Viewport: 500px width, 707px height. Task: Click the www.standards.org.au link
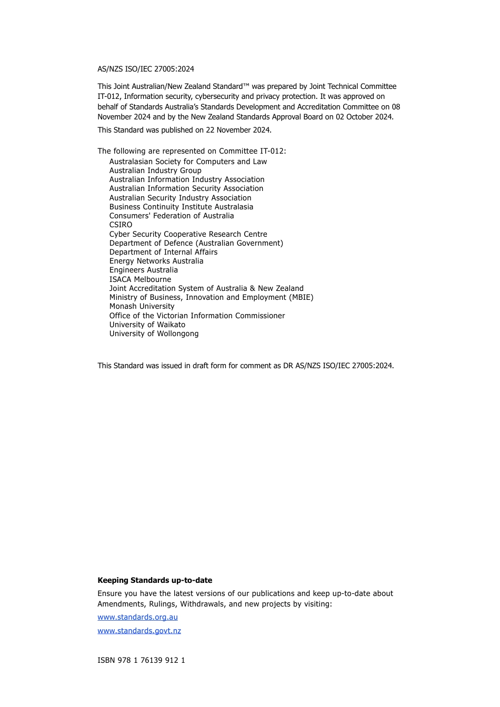(137, 617)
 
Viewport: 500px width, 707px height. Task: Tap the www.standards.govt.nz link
(139, 631)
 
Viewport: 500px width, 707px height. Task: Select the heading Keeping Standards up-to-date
(155, 580)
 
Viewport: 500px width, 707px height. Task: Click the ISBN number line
(141, 660)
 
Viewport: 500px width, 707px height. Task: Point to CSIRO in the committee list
(121, 225)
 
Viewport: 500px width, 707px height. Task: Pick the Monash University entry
(142, 306)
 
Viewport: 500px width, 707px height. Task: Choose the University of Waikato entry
(147, 325)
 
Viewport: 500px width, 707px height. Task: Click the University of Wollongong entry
(154, 334)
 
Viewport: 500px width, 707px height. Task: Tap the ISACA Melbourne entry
(140, 279)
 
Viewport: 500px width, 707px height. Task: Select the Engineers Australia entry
(143, 270)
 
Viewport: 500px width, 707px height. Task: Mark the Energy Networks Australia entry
(156, 261)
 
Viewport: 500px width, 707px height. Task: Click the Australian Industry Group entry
(155, 170)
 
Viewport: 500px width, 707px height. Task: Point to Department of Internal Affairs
(163, 252)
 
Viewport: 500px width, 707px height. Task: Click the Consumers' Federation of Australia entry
(172, 216)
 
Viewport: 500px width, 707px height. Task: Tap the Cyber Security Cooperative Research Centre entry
(188, 234)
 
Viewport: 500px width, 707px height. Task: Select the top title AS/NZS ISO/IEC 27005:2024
(146, 69)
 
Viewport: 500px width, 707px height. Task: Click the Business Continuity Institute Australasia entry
(181, 207)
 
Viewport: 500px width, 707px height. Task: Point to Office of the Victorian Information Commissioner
(197, 316)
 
